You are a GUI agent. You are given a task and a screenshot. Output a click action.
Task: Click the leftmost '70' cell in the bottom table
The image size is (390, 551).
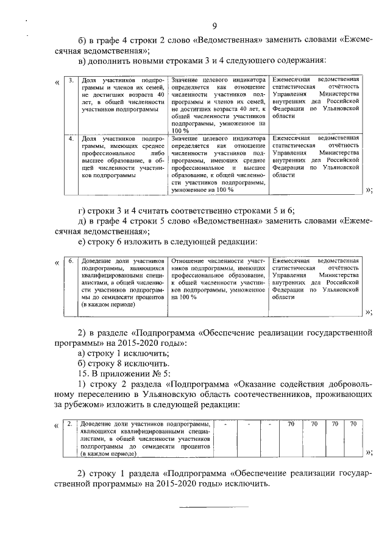291,423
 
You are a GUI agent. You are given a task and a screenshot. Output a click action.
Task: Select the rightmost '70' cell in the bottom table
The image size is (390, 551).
353,423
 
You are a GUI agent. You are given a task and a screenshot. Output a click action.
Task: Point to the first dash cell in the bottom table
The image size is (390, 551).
226,423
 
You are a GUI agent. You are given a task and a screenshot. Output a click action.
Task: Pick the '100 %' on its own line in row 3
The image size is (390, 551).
181,130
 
